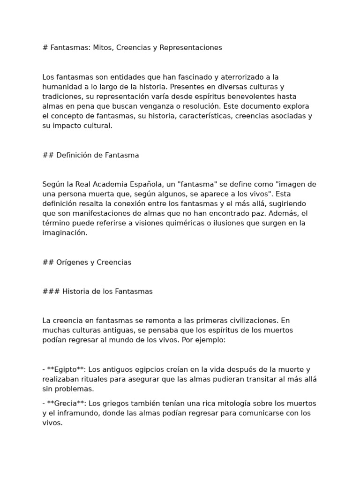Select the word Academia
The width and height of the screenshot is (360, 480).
pos(114,184)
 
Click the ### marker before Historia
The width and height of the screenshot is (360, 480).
pos(51,291)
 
